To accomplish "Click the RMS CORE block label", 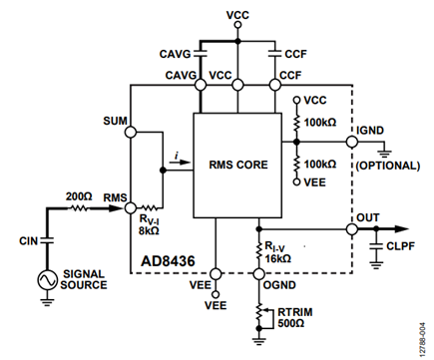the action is tap(238, 165).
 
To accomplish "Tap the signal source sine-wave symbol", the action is tap(47, 280).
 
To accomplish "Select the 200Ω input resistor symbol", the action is tap(79, 208).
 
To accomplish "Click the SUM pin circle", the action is tap(131, 132).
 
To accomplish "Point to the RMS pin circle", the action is tap(131, 208).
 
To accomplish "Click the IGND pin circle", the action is tap(352, 142).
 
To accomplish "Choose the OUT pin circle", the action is tap(352, 229).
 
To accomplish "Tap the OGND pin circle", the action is tap(258, 274).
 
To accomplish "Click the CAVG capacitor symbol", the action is tap(201, 53).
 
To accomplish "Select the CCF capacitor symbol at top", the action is tap(274, 53).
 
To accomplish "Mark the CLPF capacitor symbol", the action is tap(376, 246).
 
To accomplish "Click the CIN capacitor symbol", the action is tap(47, 240).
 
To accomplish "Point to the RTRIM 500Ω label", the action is tap(295, 317).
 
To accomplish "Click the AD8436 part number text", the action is tap(168, 261).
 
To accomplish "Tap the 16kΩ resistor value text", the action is tap(278, 258).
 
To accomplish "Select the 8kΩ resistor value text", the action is tap(149, 230).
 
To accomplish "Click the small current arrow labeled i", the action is tap(180, 163).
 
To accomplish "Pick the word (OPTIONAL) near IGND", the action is tap(388, 166).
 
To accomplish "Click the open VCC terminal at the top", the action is tap(237, 25).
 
